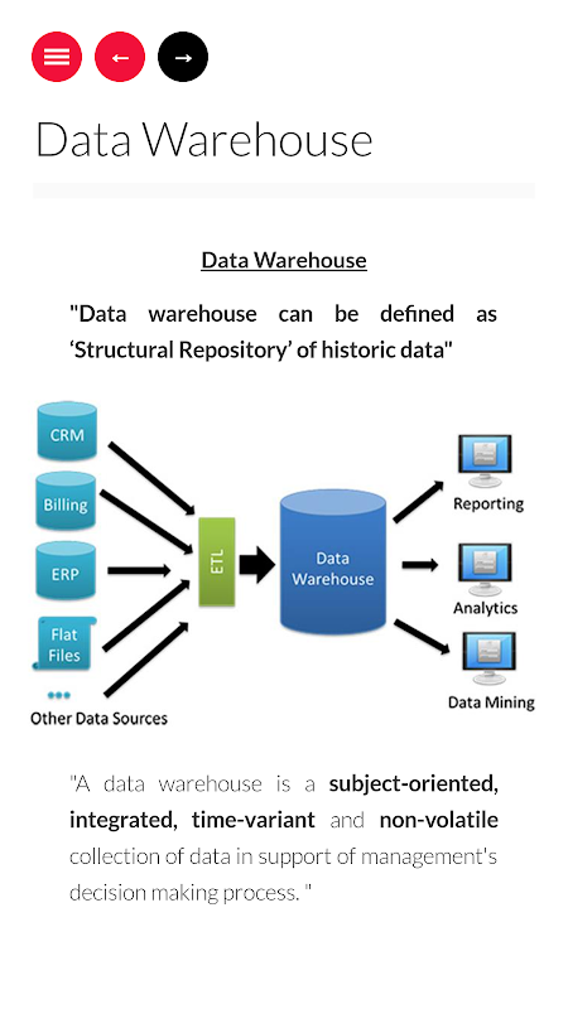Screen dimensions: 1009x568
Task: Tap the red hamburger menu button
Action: click(x=57, y=57)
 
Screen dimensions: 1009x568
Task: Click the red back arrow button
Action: click(x=120, y=57)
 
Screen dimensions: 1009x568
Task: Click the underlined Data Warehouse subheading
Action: click(x=283, y=260)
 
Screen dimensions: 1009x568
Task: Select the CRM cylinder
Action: click(x=67, y=432)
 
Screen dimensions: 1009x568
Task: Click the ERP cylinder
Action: click(x=66, y=571)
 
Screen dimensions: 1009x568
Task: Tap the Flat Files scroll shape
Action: click(x=64, y=644)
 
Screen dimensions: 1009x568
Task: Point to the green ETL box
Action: click(x=217, y=562)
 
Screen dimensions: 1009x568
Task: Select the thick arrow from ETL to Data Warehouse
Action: click(x=257, y=564)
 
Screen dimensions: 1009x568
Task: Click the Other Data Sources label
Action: click(x=99, y=718)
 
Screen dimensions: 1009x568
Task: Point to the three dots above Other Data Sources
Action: click(x=59, y=695)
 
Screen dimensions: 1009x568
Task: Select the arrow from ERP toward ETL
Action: click(x=139, y=570)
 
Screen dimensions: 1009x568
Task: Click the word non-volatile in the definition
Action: click(x=439, y=820)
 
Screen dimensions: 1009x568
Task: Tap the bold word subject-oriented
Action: click(x=413, y=784)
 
